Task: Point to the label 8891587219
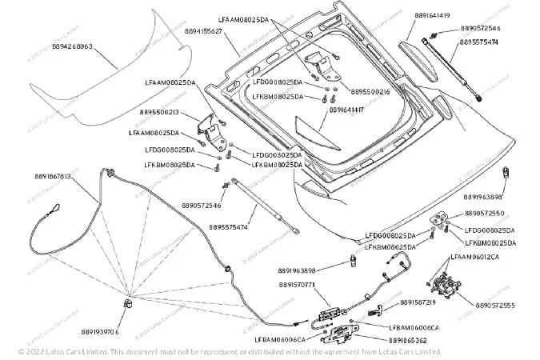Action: tap(417, 303)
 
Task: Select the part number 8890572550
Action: tap(483, 214)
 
